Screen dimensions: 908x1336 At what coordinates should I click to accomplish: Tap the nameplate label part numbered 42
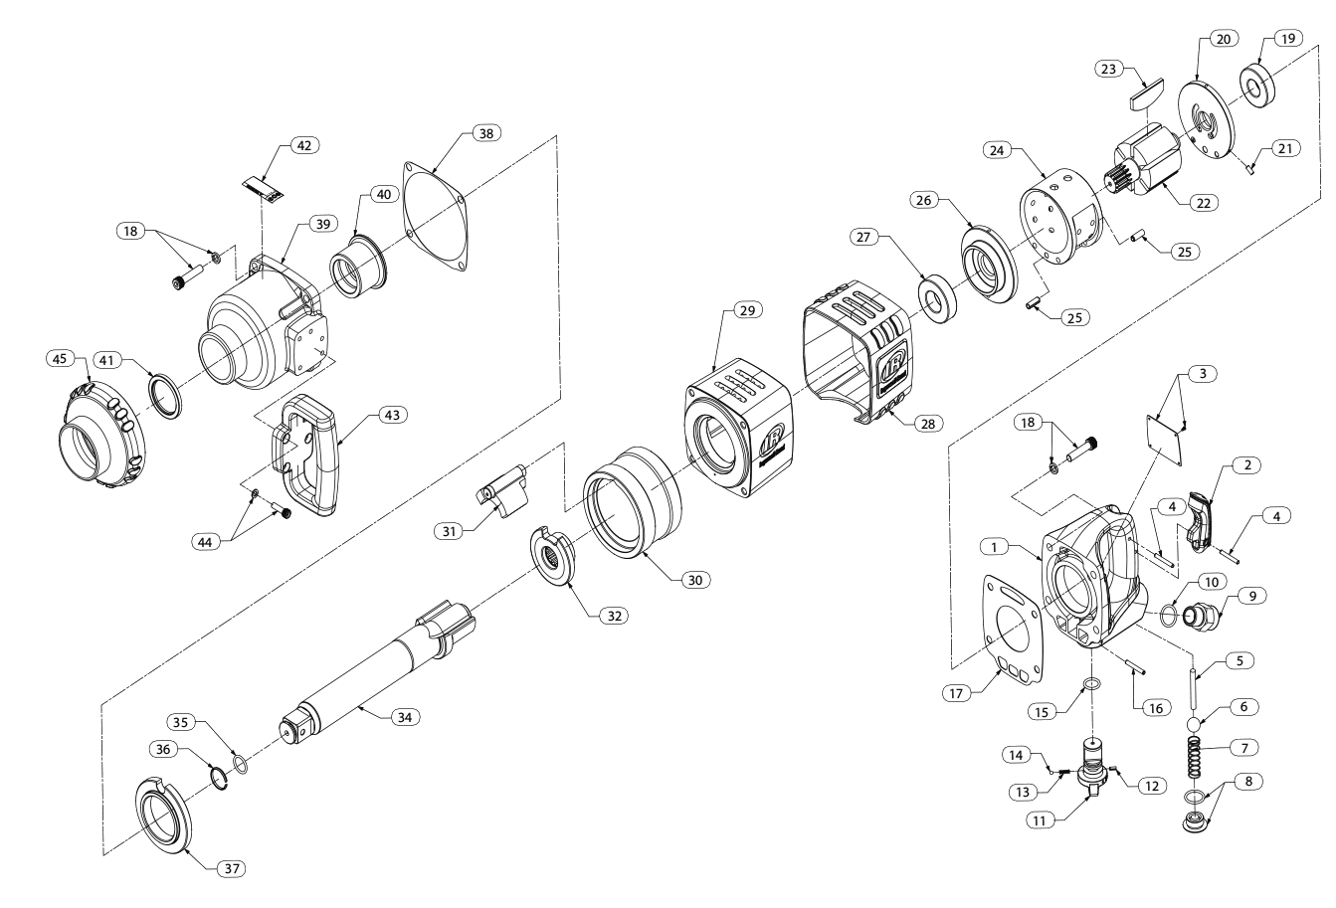[x=264, y=186]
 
